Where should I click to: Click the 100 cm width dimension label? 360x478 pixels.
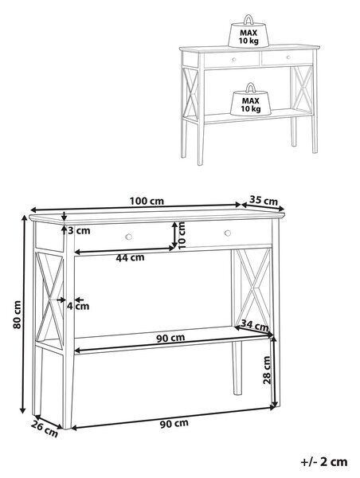click(147, 202)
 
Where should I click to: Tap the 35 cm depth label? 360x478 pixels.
click(264, 201)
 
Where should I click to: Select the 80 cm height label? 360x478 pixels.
click(18, 315)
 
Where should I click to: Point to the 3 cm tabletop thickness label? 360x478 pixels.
click(79, 231)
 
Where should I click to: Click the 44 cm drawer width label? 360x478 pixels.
click(130, 258)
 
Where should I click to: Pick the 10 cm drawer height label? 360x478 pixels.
click(182, 236)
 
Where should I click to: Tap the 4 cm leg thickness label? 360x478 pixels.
click(78, 306)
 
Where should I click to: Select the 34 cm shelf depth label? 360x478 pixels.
click(255, 325)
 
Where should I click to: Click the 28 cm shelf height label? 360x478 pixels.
click(267, 370)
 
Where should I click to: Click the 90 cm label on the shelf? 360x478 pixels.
click(170, 338)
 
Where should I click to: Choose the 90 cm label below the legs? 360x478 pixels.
click(174, 424)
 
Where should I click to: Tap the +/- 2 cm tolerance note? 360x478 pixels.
click(324, 462)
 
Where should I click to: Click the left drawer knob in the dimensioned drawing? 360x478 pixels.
click(129, 237)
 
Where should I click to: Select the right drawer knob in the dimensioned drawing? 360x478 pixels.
click(228, 233)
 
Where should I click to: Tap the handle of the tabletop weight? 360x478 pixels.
click(248, 19)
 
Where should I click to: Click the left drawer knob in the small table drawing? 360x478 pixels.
click(234, 60)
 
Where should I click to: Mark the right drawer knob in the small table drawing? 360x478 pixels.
click(288, 57)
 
